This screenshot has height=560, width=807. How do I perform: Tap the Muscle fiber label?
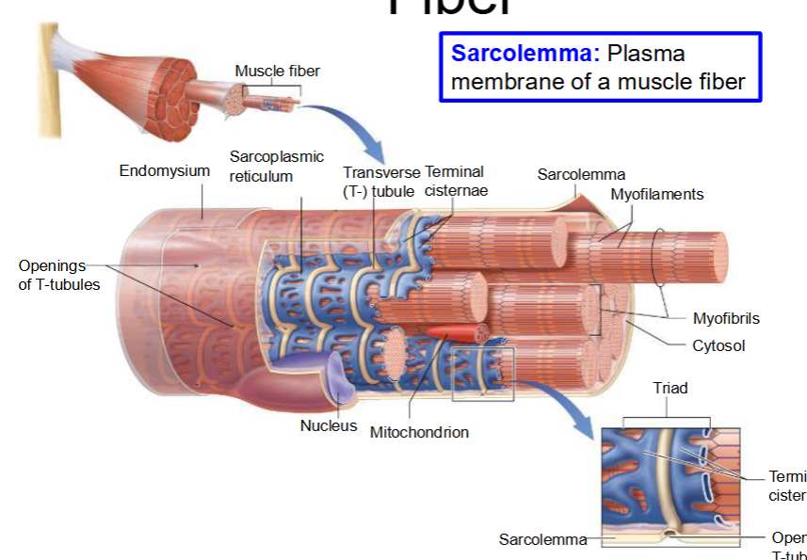tap(277, 72)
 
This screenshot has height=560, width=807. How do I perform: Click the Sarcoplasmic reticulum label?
tap(276, 166)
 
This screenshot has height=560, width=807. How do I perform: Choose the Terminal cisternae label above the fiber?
tap(455, 181)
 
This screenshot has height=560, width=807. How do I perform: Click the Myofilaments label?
tap(656, 194)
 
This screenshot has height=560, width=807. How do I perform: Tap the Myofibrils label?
tap(725, 318)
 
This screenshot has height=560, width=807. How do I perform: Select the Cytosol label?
tap(718, 345)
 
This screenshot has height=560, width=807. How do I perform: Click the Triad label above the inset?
tap(670, 388)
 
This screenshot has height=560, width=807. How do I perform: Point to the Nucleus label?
tap(329, 425)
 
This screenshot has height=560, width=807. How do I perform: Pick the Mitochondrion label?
tap(419, 432)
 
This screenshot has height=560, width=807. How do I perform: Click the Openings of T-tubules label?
tap(58, 275)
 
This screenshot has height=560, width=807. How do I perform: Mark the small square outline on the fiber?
tap(483, 374)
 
